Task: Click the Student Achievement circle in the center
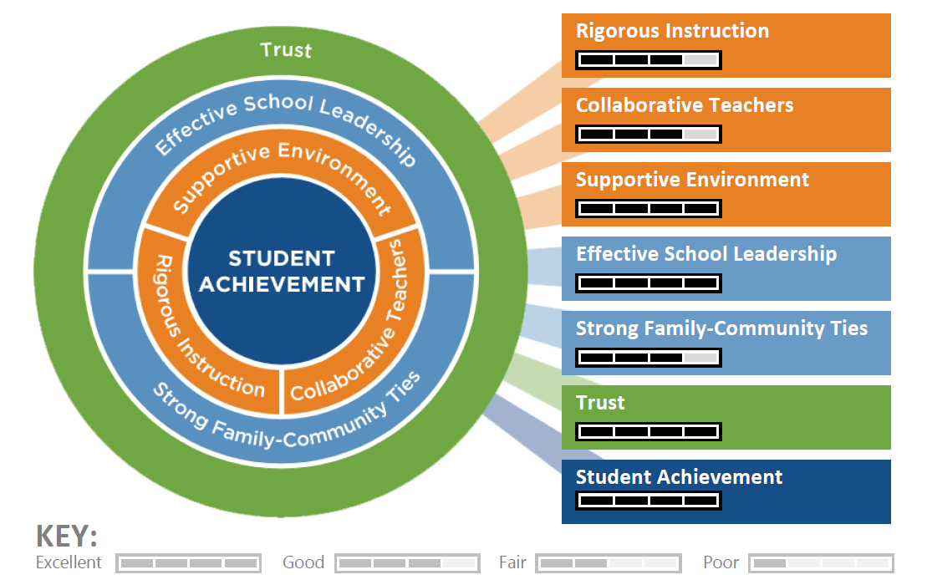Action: coord(281,272)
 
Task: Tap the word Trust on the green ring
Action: coord(286,50)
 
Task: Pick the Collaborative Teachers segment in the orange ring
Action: coord(359,334)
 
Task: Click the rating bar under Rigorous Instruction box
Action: coord(649,60)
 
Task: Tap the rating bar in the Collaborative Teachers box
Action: coord(649,134)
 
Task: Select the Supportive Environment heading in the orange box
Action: coord(692,180)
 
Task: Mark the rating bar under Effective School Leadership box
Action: coord(649,283)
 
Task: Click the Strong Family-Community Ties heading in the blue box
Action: coord(721,328)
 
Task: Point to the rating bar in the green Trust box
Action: coord(649,432)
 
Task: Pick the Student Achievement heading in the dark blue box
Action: coord(679,477)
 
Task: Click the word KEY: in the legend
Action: coord(67,537)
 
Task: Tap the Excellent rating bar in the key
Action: coord(188,563)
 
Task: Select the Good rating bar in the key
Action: coord(407,563)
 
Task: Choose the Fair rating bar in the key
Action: coord(608,563)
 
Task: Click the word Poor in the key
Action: coord(721,562)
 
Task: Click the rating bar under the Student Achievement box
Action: coord(649,501)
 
